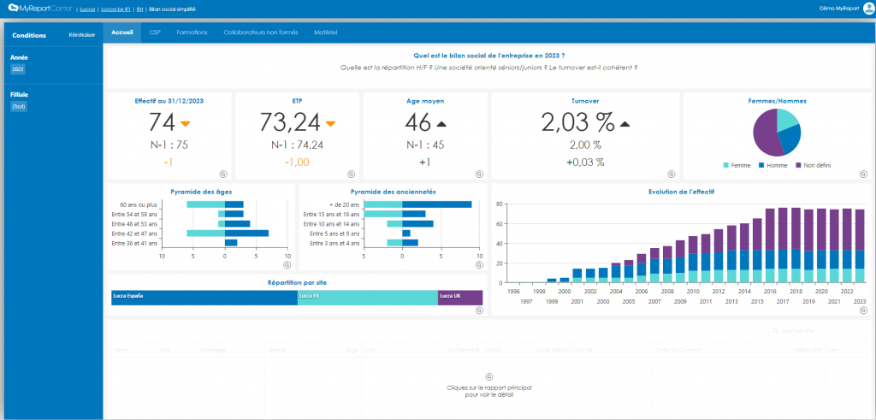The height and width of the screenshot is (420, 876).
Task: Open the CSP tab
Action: point(155,33)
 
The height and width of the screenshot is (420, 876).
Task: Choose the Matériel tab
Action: point(326,33)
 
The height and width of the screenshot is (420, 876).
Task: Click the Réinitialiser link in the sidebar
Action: point(81,35)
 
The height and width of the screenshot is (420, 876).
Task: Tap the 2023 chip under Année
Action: point(17,69)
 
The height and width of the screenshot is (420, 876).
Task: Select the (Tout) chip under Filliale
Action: point(18,106)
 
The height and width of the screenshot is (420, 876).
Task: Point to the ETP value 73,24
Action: point(290,121)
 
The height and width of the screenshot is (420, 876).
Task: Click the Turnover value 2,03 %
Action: point(576,121)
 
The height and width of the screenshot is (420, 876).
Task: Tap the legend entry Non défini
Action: point(816,165)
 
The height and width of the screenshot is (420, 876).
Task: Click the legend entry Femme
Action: point(738,165)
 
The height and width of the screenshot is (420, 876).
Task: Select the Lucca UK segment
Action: point(460,297)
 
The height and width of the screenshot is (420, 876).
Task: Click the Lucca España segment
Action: point(204,297)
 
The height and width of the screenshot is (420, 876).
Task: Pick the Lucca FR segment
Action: point(367,297)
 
